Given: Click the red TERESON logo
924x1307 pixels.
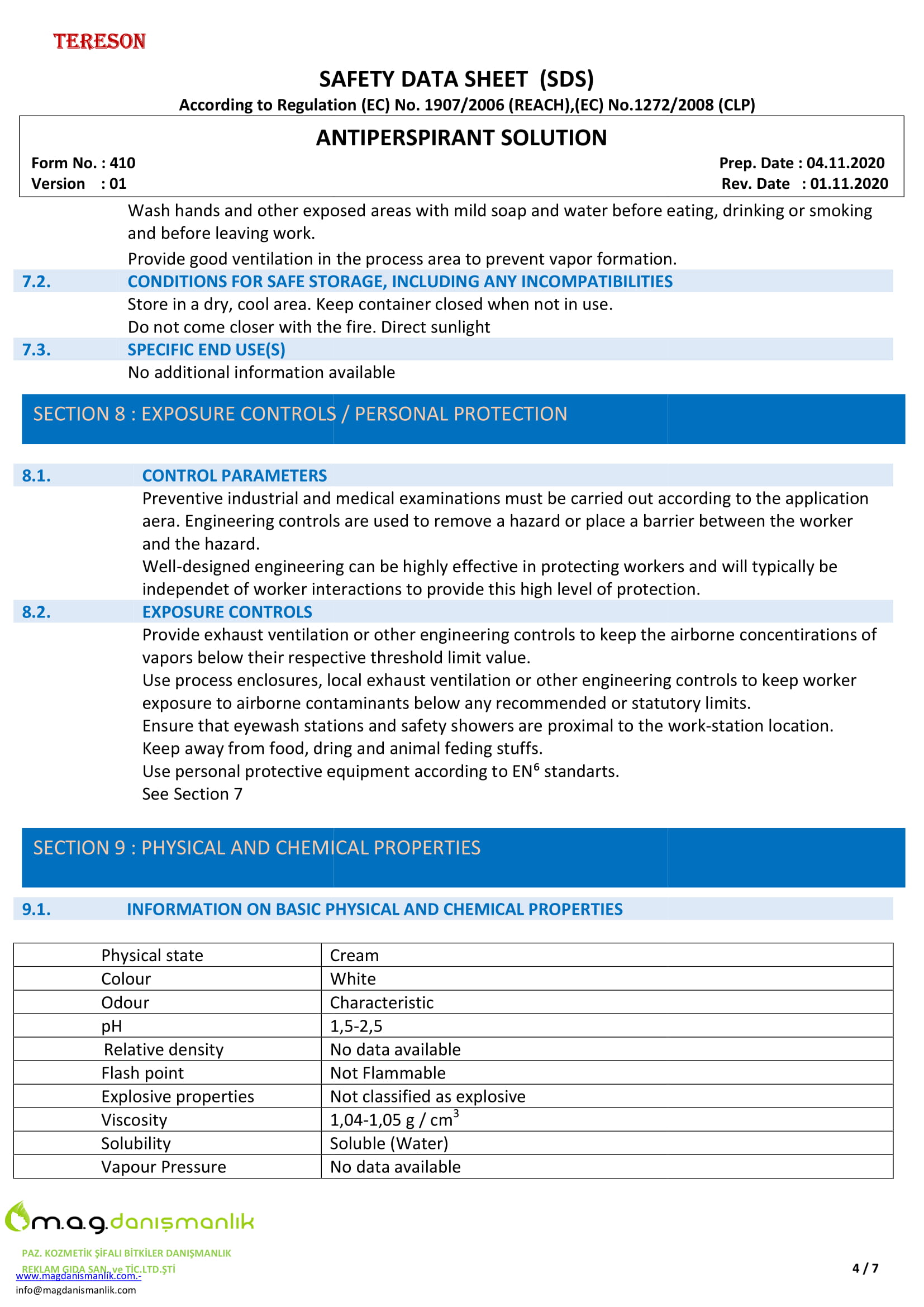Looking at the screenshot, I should [99, 41].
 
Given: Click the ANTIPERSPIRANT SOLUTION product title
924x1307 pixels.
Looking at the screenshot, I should [461, 138].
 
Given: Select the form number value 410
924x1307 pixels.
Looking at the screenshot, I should [122, 163].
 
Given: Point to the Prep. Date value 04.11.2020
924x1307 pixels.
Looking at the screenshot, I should [845, 163].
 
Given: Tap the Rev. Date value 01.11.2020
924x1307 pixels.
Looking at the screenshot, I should [849, 184].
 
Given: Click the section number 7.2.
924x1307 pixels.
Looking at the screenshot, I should [36, 282].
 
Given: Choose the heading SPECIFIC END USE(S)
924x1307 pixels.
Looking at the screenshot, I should [206, 350].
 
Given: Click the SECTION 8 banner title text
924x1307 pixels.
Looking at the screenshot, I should [300, 414].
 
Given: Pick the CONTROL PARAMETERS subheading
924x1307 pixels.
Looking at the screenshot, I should [235, 476].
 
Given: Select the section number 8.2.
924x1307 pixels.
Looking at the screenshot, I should [36, 612].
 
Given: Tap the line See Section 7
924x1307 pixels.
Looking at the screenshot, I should [192, 794].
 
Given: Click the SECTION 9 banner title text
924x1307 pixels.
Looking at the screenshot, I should [256, 848].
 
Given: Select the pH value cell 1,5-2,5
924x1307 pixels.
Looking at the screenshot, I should [356, 1026].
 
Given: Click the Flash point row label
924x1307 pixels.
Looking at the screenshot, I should [142, 1073].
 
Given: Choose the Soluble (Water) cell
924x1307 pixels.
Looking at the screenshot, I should [389, 1144].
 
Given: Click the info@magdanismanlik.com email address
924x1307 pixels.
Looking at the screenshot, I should [75, 1290].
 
